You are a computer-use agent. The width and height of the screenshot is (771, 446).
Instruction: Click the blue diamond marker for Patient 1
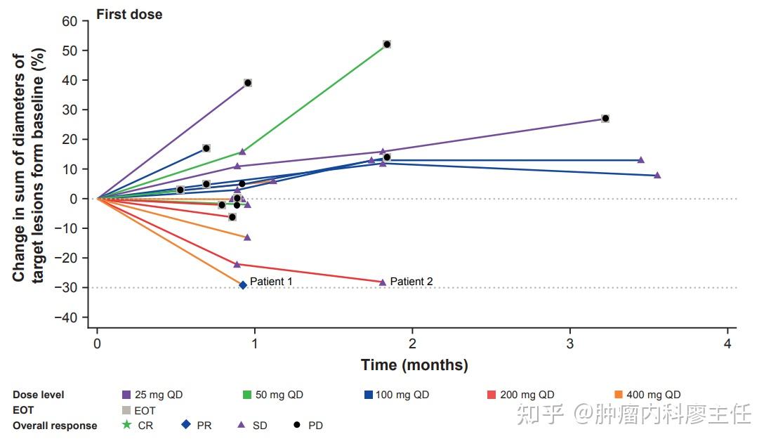pos(243,285)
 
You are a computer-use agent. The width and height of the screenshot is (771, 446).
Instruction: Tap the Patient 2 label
pos(411,282)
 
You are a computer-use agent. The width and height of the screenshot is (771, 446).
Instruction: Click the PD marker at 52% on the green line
pos(386,44)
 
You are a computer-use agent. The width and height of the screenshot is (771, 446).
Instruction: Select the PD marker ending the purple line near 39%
pos(247,83)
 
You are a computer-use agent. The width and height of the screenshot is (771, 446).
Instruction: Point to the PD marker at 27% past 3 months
pos(605,119)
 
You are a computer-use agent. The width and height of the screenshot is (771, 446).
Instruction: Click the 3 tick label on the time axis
pos(570,343)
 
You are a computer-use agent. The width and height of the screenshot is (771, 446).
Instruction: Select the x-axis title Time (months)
pos(414,365)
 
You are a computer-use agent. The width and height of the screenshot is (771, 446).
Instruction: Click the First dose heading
pos(129,14)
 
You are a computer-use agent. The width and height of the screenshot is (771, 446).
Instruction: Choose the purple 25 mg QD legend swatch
pos(126,395)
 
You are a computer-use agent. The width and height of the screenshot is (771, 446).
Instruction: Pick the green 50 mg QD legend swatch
pos(248,395)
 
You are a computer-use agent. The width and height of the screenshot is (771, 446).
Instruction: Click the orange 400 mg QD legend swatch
pos(619,395)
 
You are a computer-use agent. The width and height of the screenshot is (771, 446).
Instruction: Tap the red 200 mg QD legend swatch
pos(491,395)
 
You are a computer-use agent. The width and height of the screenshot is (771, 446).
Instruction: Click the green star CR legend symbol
pos(126,425)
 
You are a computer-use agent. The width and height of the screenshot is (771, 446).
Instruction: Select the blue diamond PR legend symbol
pos(186,425)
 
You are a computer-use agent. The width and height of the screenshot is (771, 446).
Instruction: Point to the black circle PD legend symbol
pos(298,425)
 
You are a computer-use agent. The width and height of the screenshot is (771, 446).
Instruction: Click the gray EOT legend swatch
pos(126,410)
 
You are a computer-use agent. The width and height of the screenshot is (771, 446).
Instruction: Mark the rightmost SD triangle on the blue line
pos(657,175)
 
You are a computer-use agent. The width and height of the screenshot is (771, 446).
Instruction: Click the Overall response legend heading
pos(55,426)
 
